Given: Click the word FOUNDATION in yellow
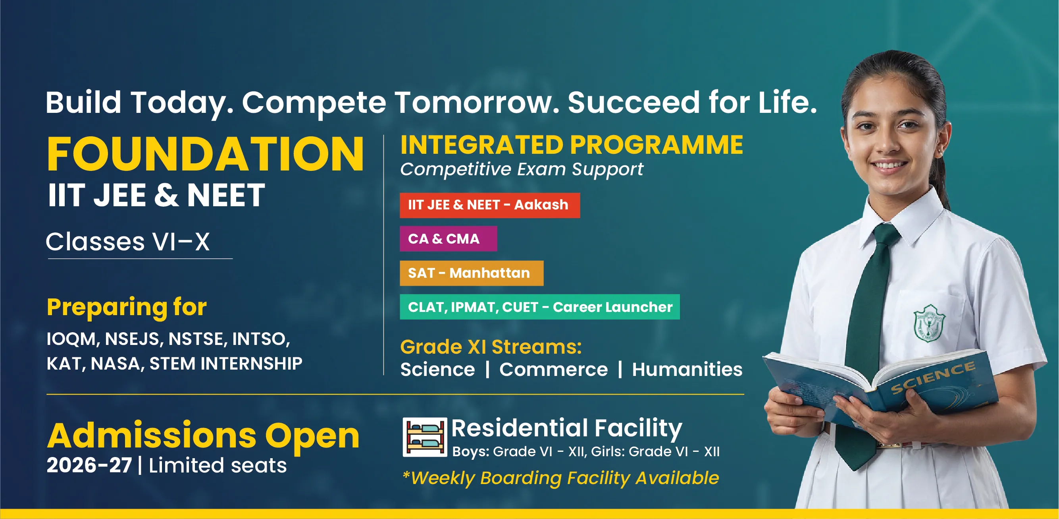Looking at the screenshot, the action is tap(205, 154).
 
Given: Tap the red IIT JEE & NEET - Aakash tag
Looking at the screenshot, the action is tap(490, 205).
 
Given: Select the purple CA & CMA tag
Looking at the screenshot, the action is tap(448, 239).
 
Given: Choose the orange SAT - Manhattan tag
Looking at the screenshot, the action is tap(472, 273).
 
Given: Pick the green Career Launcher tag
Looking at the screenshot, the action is tap(540, 307).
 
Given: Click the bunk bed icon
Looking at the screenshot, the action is tap(425, 437).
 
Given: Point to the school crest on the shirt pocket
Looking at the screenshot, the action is tap(929, 323).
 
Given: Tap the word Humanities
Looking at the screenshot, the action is tap(687, 369).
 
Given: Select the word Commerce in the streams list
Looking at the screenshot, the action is tap(553, 369).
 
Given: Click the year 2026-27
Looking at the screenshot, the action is tap(89, 465).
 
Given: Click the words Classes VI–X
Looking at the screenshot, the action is tap(128, 242).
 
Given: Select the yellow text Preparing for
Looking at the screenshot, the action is tap(127, 307).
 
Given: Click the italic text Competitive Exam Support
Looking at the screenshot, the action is tap(522, 169).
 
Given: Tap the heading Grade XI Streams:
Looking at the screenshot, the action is tap(491, 347).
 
